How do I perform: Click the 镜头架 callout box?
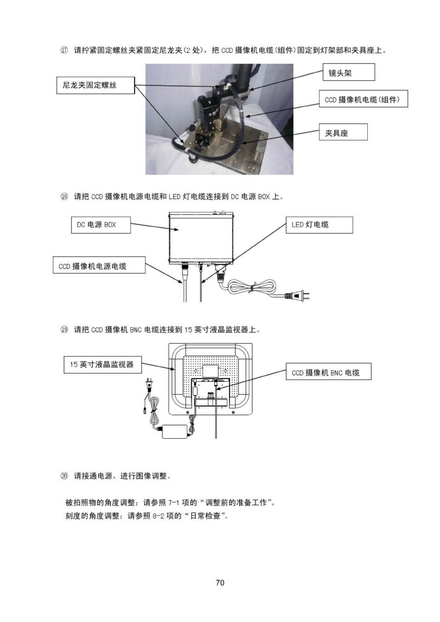coord(348,72)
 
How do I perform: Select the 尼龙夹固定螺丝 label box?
coord(95,85)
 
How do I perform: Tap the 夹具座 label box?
coord(343,132)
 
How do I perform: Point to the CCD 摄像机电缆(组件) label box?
coord(363,99)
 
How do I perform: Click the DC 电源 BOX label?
coord(101,225)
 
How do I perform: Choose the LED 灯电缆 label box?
coord(319,225)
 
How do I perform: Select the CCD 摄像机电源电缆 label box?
coord(99,265)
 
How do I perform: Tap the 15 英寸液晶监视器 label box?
coord(103,364)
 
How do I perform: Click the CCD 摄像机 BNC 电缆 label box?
coord(328,372)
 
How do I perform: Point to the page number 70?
coord(220,582)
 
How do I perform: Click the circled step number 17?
coord(64,50)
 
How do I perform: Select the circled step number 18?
coord(64,197)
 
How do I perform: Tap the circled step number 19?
coord(64,329)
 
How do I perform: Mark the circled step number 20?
coord(64,476)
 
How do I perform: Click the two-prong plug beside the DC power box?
coord(299,295)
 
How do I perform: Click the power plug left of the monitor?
coord(148,385)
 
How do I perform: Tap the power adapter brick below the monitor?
coord(174,431)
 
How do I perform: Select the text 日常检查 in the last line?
coord(206,516)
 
